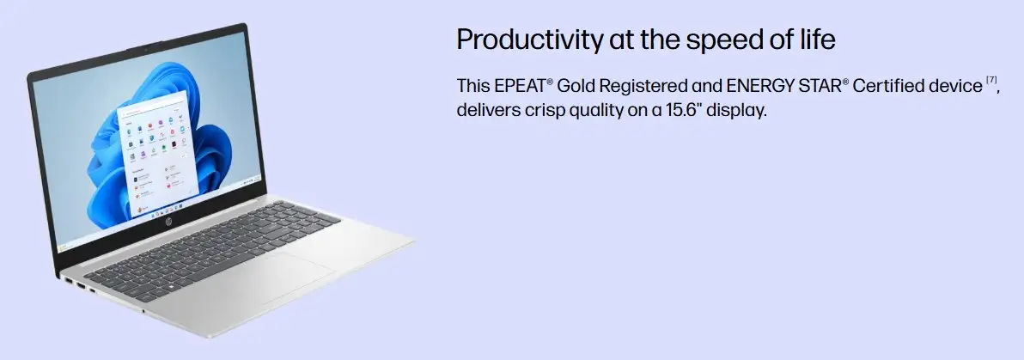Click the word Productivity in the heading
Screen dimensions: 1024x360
coord(530,40)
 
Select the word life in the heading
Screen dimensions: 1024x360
coord(817,39)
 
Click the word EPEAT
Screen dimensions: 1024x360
coord(519,86)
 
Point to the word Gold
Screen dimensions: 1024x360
coord(576,86)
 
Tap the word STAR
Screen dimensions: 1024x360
coord(818,86)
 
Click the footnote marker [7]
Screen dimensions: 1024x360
coord(991,80)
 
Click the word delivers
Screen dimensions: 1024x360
coord(488,110)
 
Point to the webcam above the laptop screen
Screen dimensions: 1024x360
coord(145,50)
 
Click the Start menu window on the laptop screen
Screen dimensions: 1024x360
coord(158,154)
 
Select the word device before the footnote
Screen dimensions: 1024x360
coord(952,86)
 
